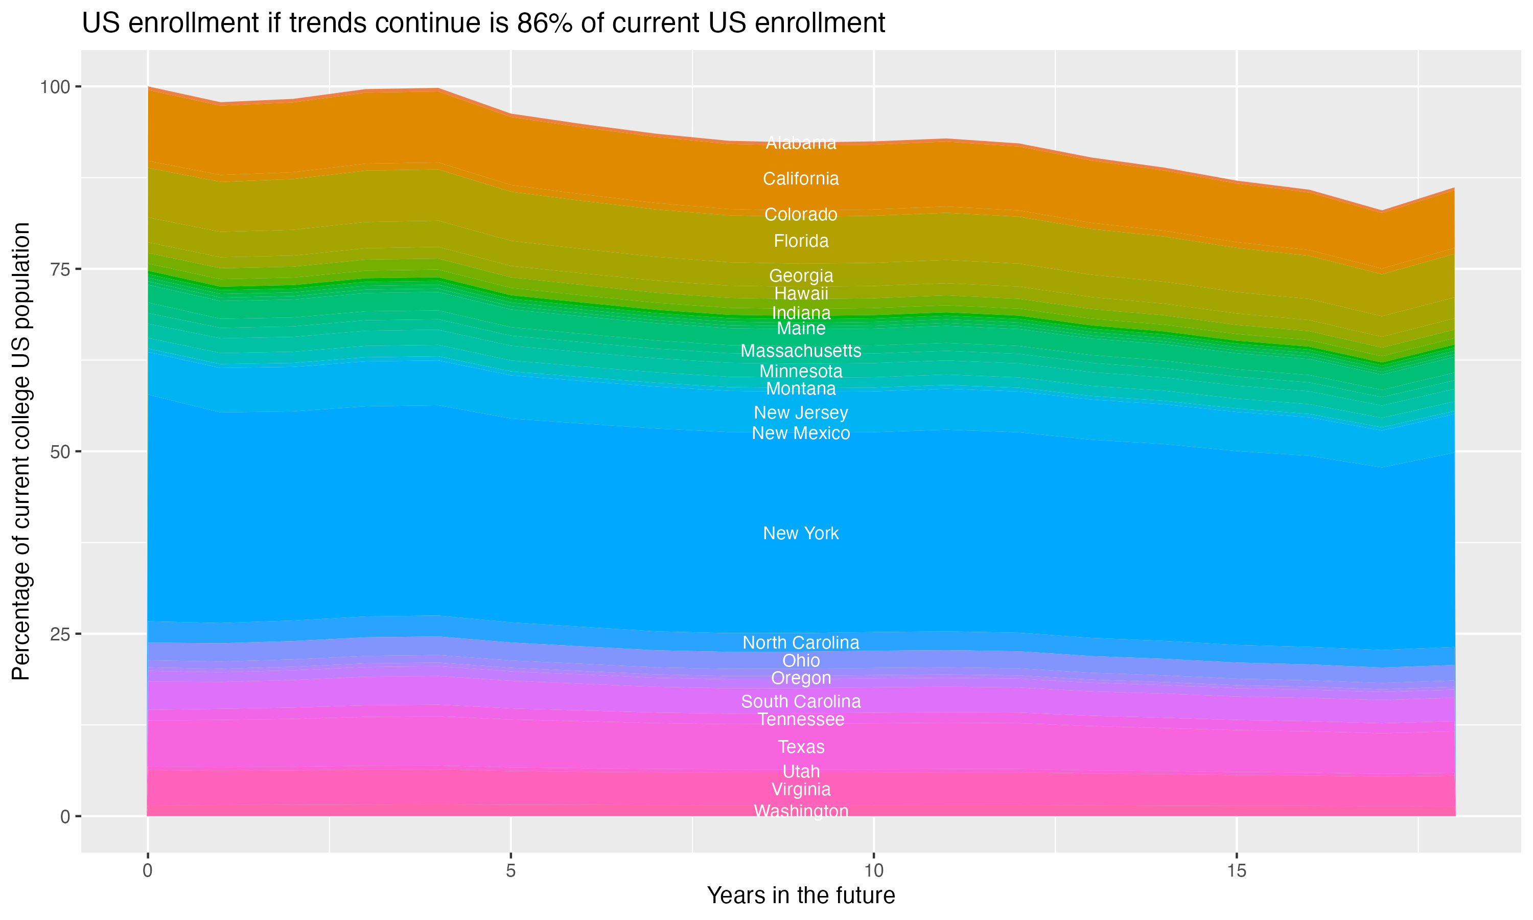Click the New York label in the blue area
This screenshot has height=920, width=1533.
[801, 533]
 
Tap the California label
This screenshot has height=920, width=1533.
[801, 178]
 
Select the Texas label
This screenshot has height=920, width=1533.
[801, 747]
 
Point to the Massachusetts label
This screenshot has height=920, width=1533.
[801, 351]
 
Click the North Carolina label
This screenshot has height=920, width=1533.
[801, 642]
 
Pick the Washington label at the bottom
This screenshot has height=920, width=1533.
[801, 811]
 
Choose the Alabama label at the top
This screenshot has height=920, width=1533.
[801, 143]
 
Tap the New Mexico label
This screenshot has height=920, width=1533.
[801, 433]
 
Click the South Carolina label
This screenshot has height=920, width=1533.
[801, 701]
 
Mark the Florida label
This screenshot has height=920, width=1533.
[801, 241]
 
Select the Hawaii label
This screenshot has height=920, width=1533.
[801, 293]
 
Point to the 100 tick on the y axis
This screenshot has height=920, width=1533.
[55, 87]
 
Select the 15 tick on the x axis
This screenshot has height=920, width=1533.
[1236, 871]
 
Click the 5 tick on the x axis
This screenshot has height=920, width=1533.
[510, 871]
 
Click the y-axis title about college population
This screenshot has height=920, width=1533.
[21, 451]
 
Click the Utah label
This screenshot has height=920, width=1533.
[801, 771]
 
